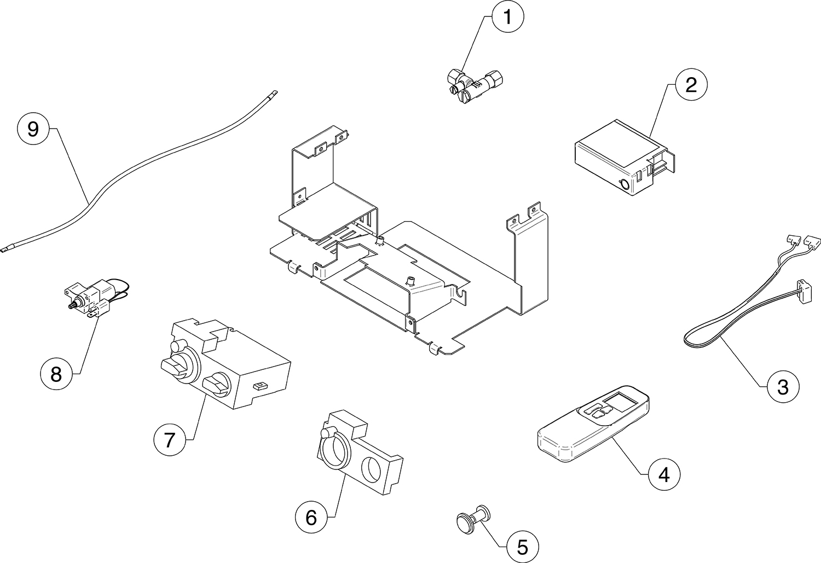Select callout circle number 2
click(x=691, y=85)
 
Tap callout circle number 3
click(x=783, y=387)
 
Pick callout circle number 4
click(x=664, y=475)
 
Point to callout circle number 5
click(x=522, y=546)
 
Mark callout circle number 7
click(x=170, y=439)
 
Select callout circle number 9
click(x=33, y=129)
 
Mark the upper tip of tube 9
click(x=275, y=93)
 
